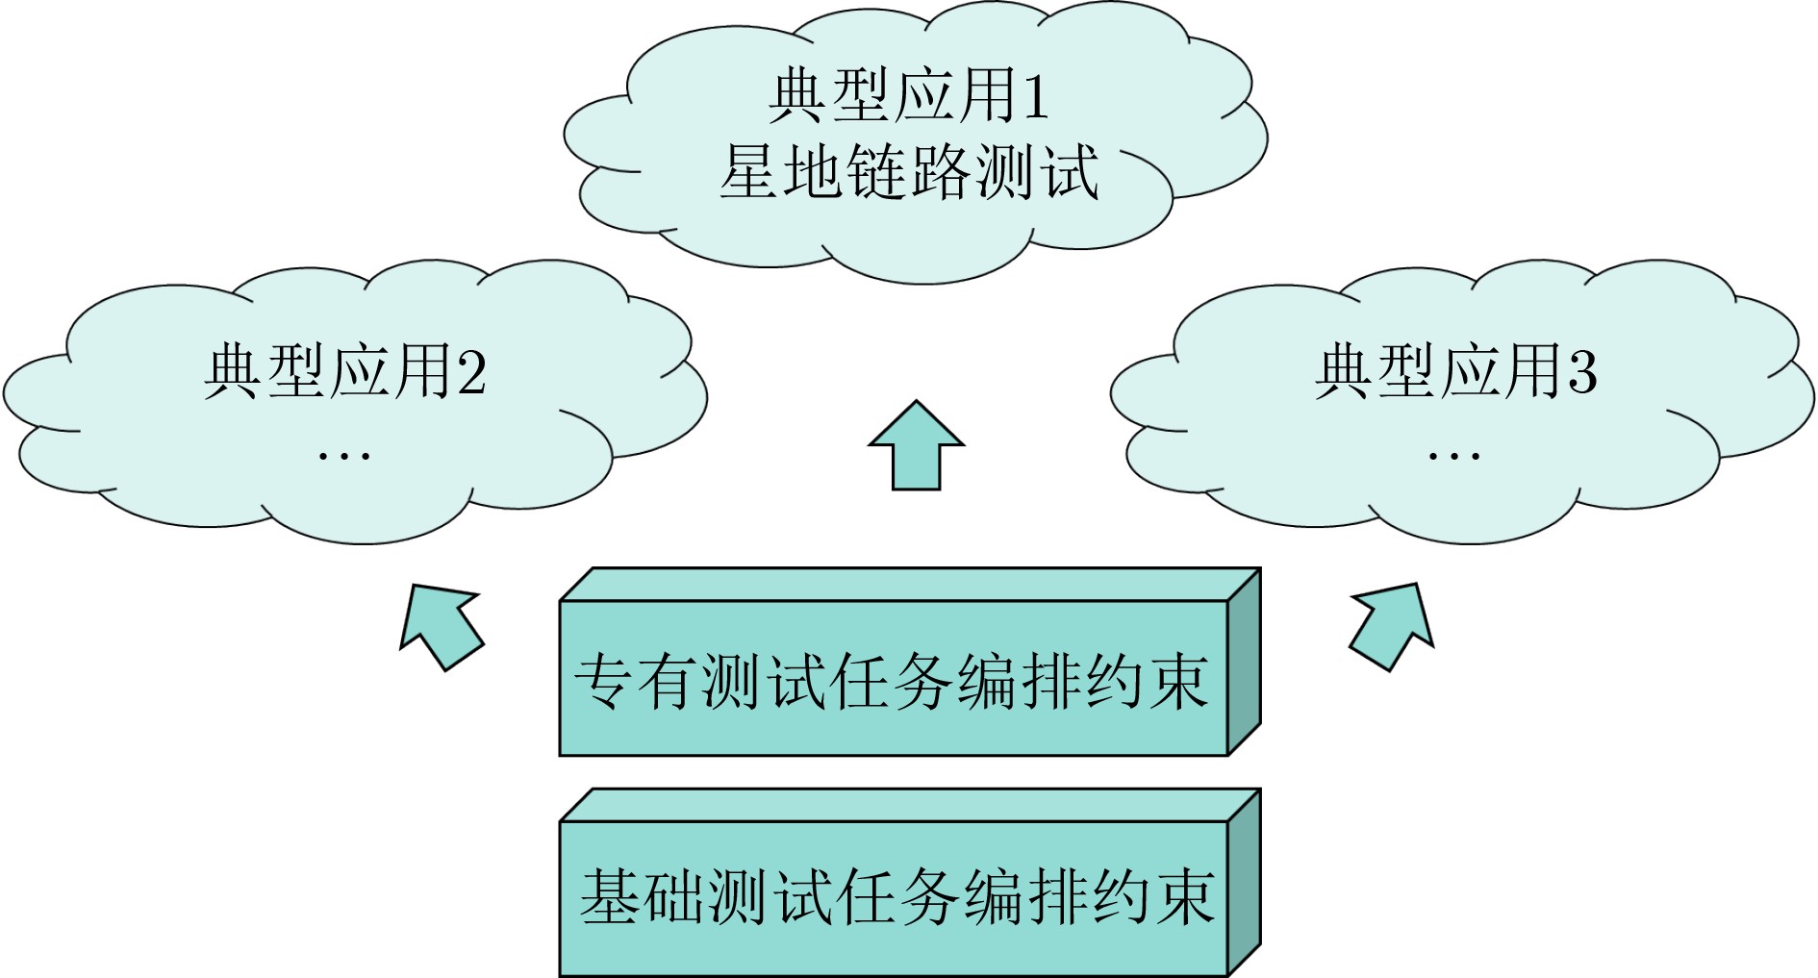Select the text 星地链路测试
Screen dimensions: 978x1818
click(908, 173)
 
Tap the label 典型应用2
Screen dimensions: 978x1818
click(344, 372)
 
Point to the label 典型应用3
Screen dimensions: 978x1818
click(1455, 372)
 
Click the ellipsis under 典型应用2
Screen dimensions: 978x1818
click(344, 455)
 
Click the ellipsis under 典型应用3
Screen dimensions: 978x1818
click(1453, 455)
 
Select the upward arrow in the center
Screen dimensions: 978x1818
click(916, 446)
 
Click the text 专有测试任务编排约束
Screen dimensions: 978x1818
click(892, 682)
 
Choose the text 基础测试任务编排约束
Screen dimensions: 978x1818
click(896, 896)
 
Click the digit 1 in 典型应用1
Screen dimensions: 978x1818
click(1035, 97)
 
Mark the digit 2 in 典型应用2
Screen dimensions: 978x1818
click(472, 373)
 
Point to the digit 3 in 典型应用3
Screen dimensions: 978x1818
click(1582, 373)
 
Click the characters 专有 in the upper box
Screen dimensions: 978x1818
click(636, 682)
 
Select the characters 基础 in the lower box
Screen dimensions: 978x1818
click(642, 896)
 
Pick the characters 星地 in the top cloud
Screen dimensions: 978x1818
click(780, 173)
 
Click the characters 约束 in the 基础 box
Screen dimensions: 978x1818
click(1151, 896)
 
